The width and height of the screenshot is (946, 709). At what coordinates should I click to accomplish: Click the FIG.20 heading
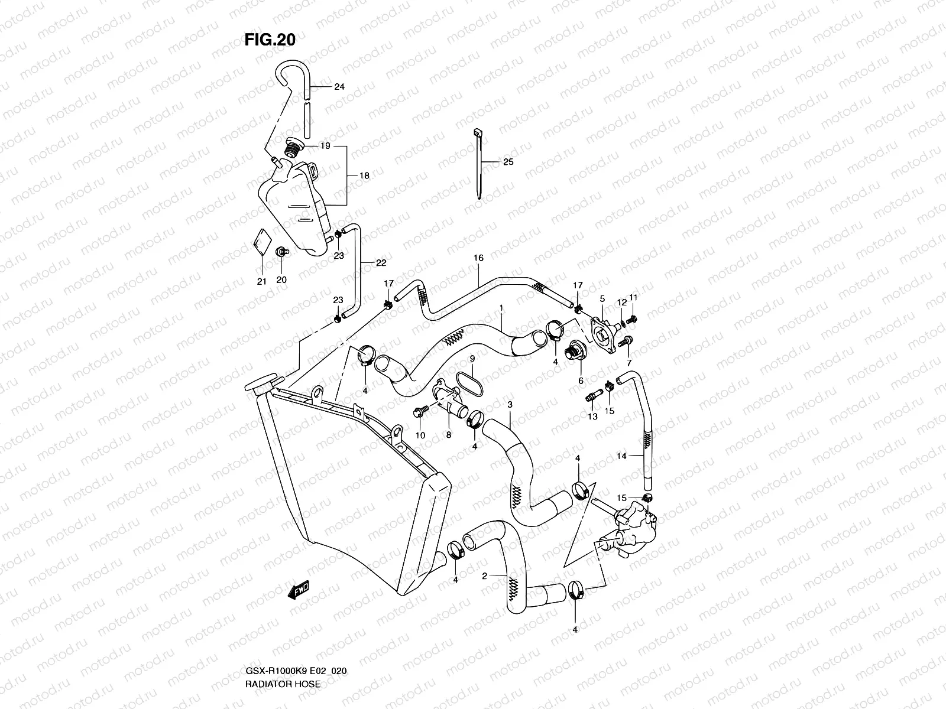pyautogui.click(x=270, y=40)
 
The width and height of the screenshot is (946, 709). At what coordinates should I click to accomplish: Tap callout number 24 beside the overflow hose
pyautogui.click(x=339, y=87)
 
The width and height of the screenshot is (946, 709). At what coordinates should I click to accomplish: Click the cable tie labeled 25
pyautogui.click(x=479, y=162)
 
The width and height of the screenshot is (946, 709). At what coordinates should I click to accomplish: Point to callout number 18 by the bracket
pyautogui.click(x=365, y=175)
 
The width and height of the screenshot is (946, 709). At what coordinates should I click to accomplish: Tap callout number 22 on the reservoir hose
pyautogui.click(x=381, y=262)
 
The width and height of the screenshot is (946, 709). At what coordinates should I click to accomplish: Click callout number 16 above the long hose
pyautogui.click(x=478, y=258)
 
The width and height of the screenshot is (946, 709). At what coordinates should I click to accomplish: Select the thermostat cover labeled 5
pyautogui.click(x=601, y=334)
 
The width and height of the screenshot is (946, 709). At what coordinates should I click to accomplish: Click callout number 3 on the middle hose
pyautogui.click(x=510, y=404)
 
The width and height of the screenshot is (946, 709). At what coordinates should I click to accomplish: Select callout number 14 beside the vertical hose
pyautogui.click(x=621, y=456)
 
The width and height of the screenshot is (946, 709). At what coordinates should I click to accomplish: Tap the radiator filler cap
pyautogui.click(x=260, y=387)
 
